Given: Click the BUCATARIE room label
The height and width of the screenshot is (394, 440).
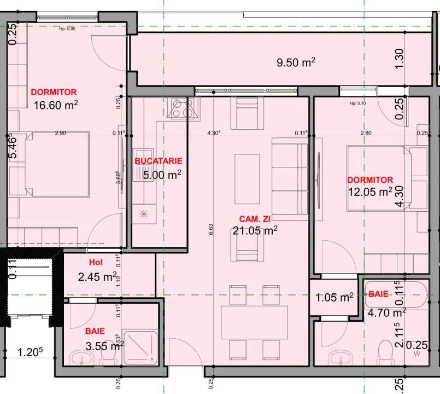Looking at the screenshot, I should point(159,161).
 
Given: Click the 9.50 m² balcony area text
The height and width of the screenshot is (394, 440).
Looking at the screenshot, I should point(296,62).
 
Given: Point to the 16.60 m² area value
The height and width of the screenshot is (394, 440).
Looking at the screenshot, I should point(55,105).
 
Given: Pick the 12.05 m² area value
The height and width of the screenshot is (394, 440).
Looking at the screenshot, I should point(370,192).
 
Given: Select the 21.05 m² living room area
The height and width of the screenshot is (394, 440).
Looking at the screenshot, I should point(255,231).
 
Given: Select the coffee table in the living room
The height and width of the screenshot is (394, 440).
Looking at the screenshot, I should point(244,178).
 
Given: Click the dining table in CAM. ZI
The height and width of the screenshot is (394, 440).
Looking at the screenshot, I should point(254,322).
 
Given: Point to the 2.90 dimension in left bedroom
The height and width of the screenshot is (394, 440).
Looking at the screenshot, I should point(61,133).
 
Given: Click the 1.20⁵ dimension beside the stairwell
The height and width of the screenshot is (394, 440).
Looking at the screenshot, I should point(27,352).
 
